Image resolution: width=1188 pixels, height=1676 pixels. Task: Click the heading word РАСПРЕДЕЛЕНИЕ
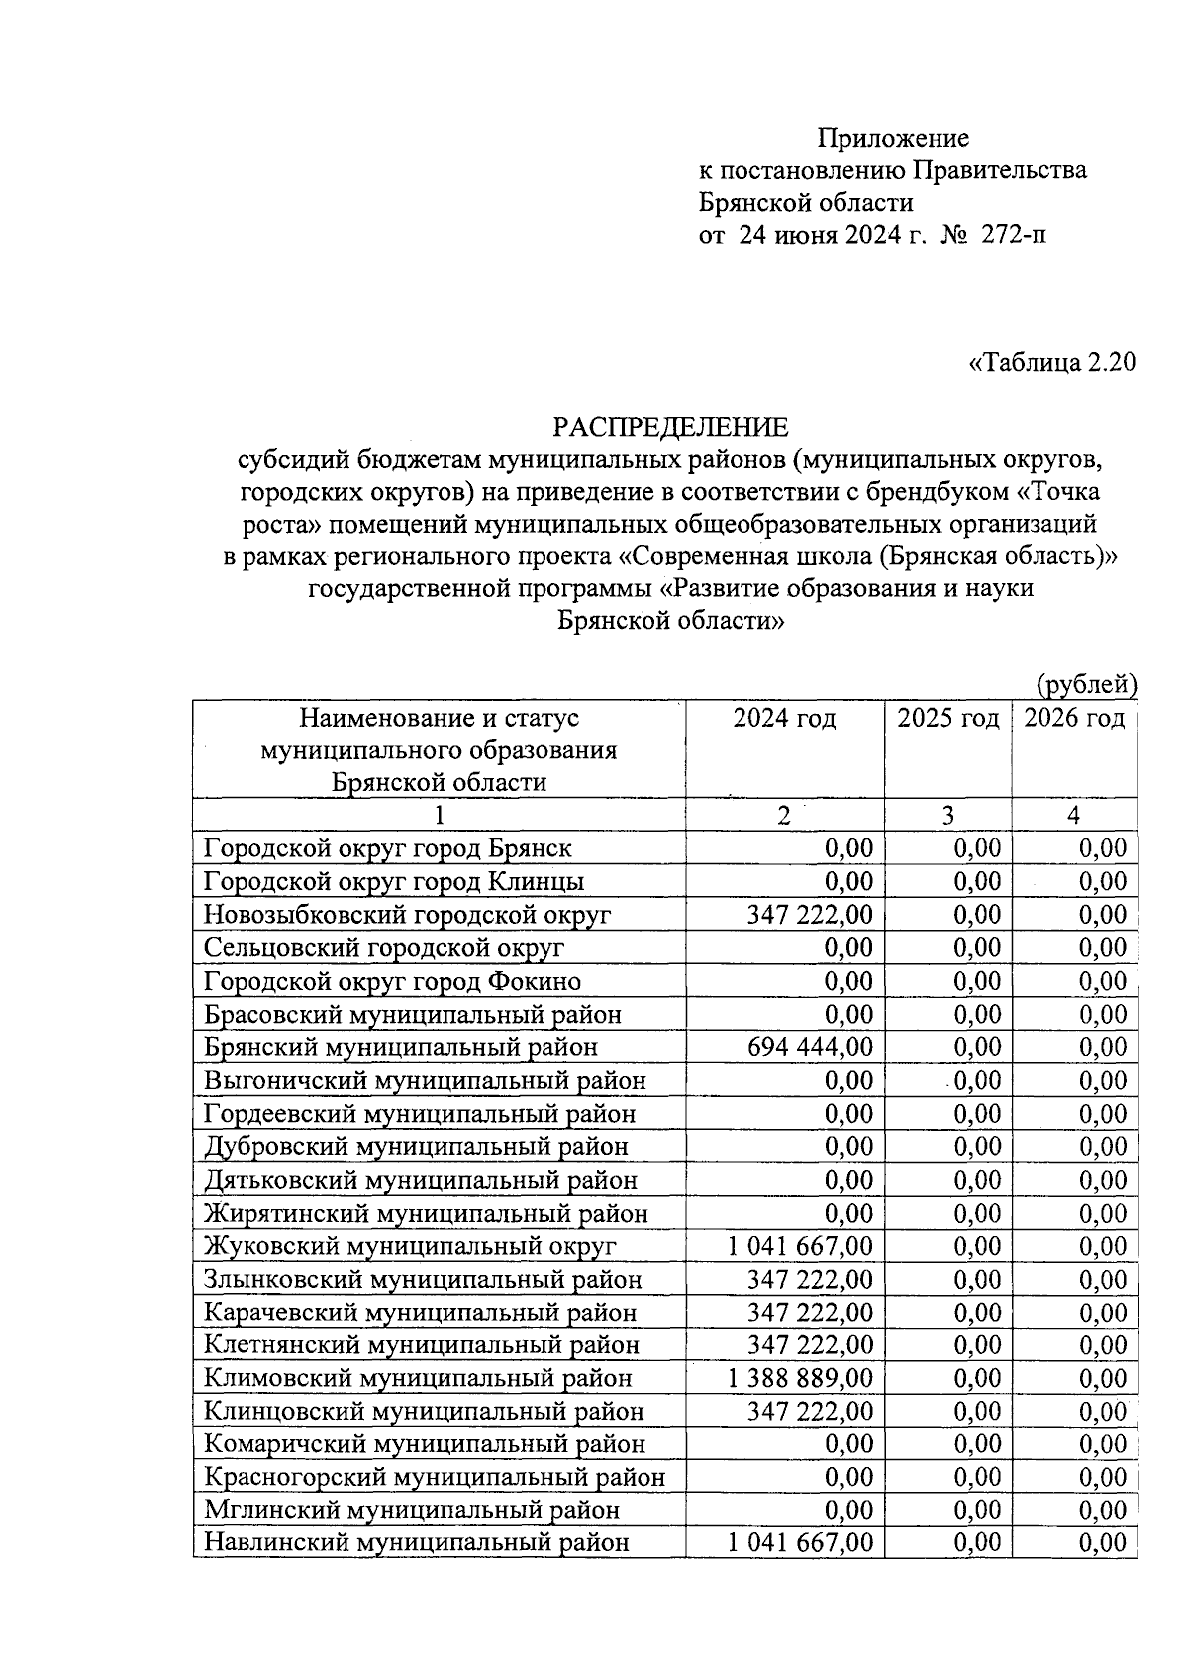(670, 427)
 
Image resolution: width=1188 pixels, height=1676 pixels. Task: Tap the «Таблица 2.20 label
(1051, 362)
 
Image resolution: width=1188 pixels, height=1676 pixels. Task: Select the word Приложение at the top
(893, 138)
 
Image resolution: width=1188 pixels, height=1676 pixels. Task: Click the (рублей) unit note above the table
(1086, 683)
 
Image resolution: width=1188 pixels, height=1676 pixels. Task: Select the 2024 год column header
(784, 718)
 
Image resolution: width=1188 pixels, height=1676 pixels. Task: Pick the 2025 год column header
(947, 718)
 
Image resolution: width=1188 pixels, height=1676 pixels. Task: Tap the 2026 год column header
(1074, 718)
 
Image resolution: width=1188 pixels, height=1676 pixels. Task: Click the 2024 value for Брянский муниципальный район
(812, 1047)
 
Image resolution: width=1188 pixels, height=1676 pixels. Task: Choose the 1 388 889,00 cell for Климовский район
(801, 1378)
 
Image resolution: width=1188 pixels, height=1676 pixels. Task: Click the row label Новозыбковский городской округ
(407, 915)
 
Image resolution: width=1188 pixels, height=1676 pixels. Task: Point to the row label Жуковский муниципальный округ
(410, 1246)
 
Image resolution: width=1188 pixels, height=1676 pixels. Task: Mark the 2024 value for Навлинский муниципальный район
(801, 1543)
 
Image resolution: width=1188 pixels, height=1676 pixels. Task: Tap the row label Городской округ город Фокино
(392, 981)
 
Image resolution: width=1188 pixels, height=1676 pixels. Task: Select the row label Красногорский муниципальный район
(435, 1477)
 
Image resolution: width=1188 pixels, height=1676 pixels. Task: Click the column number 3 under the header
(947, 815)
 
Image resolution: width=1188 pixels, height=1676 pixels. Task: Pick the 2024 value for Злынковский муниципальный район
(812, 1279)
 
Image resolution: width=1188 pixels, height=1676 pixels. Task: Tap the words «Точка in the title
(1057, 492)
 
